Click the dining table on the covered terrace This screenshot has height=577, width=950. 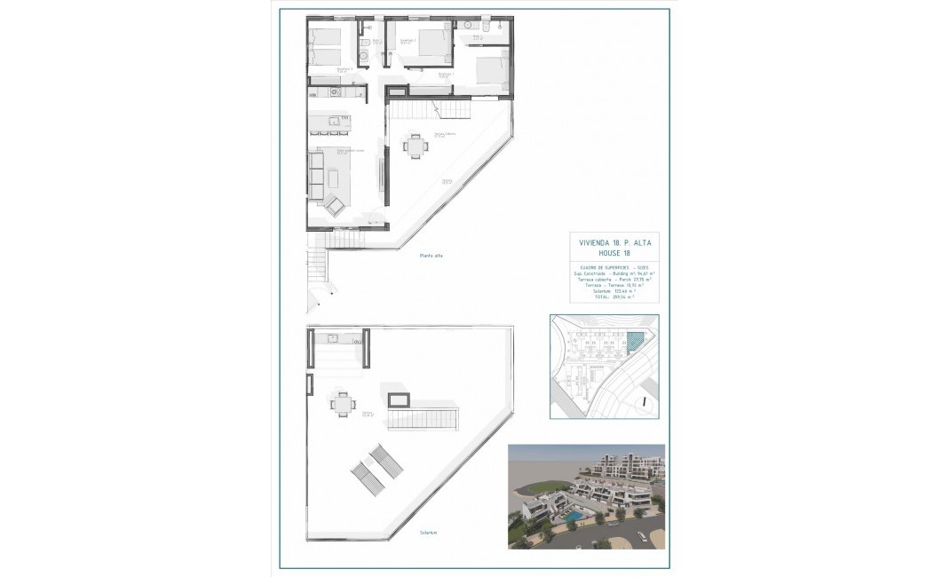[415, 146]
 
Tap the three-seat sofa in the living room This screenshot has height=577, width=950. [316, 174]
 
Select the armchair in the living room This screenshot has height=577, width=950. [336, 206]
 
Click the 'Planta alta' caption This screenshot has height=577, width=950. [431, 256]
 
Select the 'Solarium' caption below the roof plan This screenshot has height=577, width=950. [431, 533]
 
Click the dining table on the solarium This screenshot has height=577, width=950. [342, 405]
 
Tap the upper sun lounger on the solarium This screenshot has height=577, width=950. [384, 459]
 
